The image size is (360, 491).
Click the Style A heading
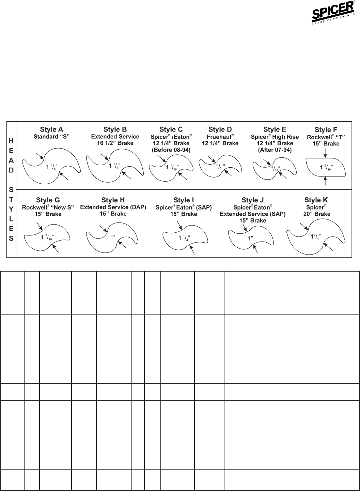[51, 129]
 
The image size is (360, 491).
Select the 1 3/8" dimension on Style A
[52, 167]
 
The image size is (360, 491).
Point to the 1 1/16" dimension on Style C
[172, 167]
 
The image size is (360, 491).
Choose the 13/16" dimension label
[220, 166]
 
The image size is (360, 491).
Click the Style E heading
[275, 129]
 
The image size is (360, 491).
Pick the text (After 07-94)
[275, 150]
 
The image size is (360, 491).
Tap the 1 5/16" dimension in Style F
[326, 167]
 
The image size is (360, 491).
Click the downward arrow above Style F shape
[325, 154]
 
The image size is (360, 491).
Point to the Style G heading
[48, 200]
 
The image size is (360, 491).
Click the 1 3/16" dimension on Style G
[48, 237]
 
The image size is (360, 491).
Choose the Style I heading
[184, 200]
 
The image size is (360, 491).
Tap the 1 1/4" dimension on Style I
[184, 238]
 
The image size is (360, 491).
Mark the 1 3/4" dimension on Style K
[316, 236]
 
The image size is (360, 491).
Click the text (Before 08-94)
[171, 150]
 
